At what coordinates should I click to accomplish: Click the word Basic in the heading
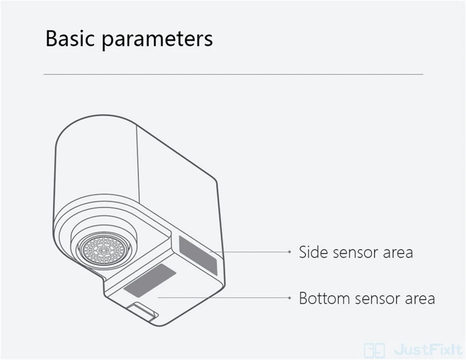[70, 40]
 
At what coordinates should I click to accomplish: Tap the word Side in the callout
[313, 252]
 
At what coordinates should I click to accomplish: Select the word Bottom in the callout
[325, 298]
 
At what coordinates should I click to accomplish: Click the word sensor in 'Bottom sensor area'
[377, 298]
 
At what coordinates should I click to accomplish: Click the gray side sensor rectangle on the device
[198, 254]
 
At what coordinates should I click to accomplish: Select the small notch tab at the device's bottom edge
[144, 310]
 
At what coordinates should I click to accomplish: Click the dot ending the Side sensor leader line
[289, 252]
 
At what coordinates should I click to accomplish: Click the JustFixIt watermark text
[426, 348]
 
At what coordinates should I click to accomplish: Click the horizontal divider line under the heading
[233, 74]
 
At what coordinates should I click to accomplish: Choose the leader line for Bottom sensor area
[224, 297]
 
